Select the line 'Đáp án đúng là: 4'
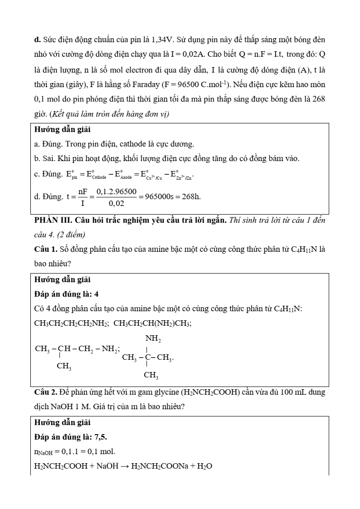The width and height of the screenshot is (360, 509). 67,294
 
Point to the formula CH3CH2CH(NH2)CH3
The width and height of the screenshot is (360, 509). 152,323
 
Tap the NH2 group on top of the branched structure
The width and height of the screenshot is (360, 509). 153,338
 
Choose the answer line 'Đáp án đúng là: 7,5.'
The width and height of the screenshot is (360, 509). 71,437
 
